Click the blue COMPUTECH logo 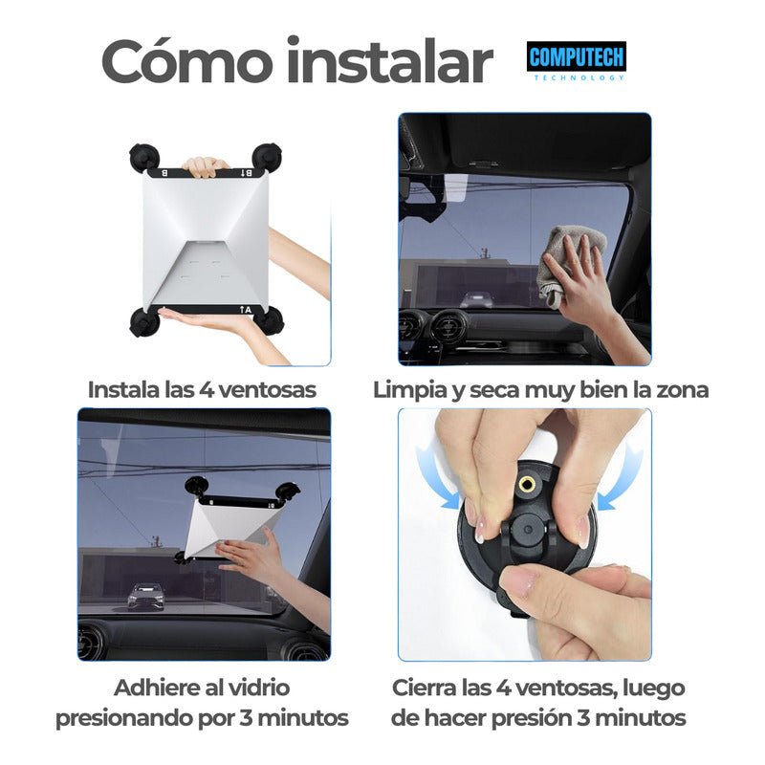[577, 57]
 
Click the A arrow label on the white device [246, 310]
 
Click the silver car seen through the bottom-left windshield [144, 595]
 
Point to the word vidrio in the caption [254, 688]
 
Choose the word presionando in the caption [130, 717]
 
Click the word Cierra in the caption [425, 688]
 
